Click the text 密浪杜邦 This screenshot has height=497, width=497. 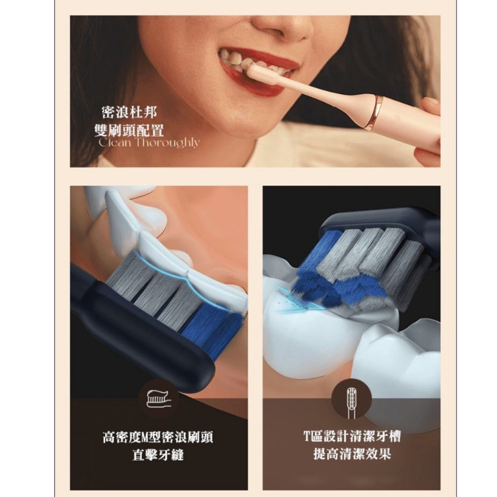click(129, 112)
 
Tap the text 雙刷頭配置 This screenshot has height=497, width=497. click(129, 130)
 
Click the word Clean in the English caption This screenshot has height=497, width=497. click(115, 142)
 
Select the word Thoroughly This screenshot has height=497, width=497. click(168, 143)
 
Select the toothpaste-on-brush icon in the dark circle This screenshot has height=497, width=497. click(158, 399)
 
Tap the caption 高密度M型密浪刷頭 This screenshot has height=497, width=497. click(158, 437)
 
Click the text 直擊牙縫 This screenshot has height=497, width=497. click(158, 455)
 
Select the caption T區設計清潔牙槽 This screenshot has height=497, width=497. click(352, 436)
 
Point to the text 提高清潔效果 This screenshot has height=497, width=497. click(352, 454)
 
